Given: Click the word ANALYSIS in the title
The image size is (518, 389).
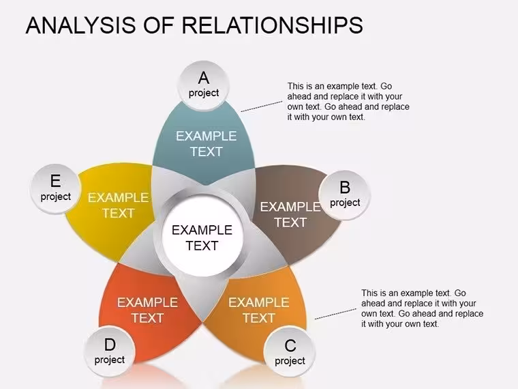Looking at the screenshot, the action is point(80,25).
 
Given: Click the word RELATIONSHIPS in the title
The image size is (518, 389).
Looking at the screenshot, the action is point(272,25).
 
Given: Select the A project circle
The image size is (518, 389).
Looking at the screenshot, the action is point(204,85).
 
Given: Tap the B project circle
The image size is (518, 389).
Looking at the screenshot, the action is point(345,195).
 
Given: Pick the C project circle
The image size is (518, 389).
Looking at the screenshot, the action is point(290,352).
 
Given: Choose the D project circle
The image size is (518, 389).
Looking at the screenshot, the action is point(110,351).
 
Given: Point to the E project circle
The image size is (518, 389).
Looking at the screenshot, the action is point(55,189).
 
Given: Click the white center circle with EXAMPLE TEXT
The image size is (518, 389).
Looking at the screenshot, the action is point(202,237).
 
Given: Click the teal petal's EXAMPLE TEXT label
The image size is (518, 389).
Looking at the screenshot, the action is point(206,144).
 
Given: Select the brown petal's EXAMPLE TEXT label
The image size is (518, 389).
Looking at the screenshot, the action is point(290,215).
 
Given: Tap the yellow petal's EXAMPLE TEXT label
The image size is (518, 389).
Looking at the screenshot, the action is point(118,205).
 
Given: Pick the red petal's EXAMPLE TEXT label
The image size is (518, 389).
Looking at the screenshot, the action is point(147,311).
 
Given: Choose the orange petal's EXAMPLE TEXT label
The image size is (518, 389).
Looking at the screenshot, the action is point(259,311).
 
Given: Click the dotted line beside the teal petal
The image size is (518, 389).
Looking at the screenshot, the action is point(262,106).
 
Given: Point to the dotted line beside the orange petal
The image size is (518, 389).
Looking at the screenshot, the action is point(335,314).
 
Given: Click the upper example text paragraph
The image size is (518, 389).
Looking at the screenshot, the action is point(348,102).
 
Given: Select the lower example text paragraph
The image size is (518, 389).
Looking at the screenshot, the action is point(422,308).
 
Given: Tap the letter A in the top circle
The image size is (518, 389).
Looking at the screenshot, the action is point(204,78).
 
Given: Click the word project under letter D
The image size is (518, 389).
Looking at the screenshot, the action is point(110,360).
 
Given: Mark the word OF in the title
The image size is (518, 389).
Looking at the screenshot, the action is point(159,25).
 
